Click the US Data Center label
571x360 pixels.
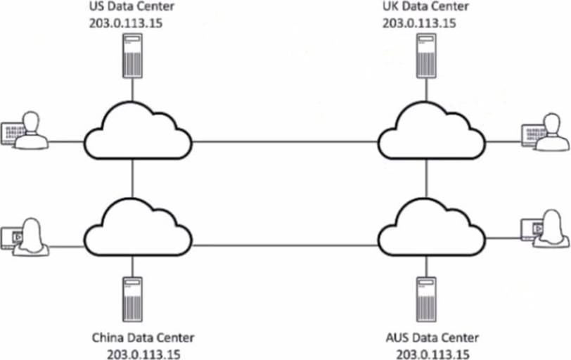pos(131,8)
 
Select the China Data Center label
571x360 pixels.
pos(143,337)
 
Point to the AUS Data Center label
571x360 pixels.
pos(432,337)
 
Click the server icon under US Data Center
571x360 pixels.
pos(131,56)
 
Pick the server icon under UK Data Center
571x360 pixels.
pos(426,56)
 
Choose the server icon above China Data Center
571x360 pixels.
pos(131,296)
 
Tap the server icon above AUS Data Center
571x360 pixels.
pos(426,296)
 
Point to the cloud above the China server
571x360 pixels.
pos(139,225)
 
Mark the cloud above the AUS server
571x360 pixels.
pos(428,225)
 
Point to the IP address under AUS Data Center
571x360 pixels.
pos(432,352)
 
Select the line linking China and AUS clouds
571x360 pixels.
pos(285,245)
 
